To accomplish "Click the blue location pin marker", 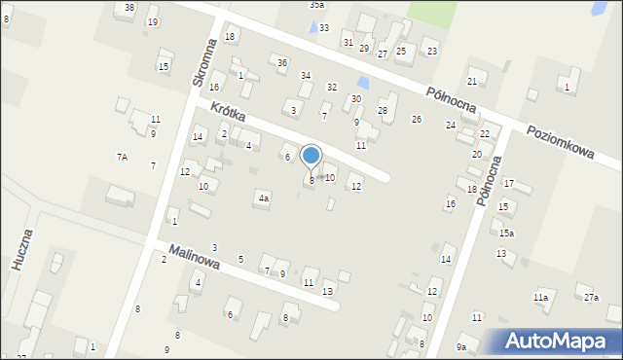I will (x=311, y=156).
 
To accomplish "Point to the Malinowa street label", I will (x=194, y=262).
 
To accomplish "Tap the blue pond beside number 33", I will (x=311, y=27).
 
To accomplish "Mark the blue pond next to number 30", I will (x=363, y=84).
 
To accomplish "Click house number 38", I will (x=129, y=8).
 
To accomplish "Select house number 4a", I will (x=263, y=198).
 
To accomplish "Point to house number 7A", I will (x=123, y=157).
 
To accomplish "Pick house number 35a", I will (x=316, y=5).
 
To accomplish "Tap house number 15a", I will (x=506, y=233).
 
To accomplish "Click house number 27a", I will (x=591, y=297).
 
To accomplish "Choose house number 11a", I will (x=539, y=297).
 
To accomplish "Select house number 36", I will (x=282, y=63).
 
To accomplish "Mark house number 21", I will (x=472, y=81).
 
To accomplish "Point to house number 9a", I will (x=461, y=346).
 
